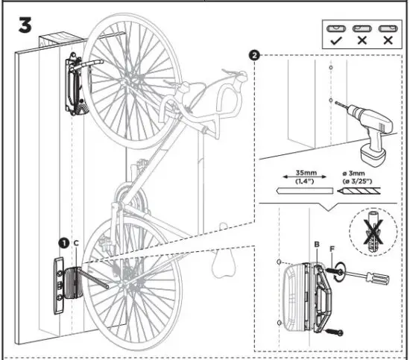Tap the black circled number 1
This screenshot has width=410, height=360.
(64, 243)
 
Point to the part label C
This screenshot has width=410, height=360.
(75, 243)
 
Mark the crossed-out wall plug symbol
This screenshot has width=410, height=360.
(370, 230)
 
